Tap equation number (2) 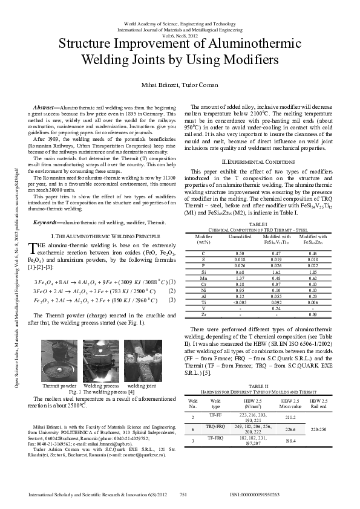coord(171,291)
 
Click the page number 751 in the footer coord(183,494)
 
